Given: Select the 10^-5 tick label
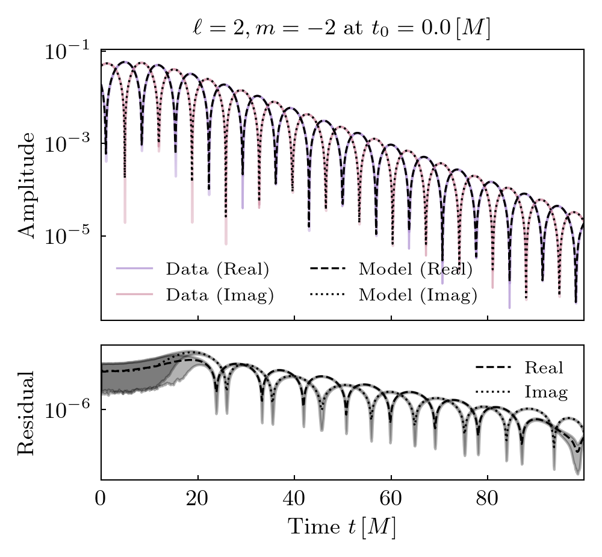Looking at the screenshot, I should (68, 236).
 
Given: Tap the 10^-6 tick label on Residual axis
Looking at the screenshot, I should (68, 410).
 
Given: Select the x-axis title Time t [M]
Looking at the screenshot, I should (342, 527).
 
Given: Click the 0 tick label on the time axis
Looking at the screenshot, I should (101, 500).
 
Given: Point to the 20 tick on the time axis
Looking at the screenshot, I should (197, 500).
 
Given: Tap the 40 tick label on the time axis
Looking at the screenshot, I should (294, 500).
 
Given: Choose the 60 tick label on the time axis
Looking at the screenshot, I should (391, 500).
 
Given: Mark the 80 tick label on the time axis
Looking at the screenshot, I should (487, 500).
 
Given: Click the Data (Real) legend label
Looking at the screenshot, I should (217, 269).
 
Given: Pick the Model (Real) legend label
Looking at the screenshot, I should (415, 269).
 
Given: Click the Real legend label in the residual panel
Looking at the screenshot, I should (544, 367).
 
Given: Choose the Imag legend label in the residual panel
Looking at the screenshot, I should (546, 393).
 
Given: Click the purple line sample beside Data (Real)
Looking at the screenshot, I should (134, 269).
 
